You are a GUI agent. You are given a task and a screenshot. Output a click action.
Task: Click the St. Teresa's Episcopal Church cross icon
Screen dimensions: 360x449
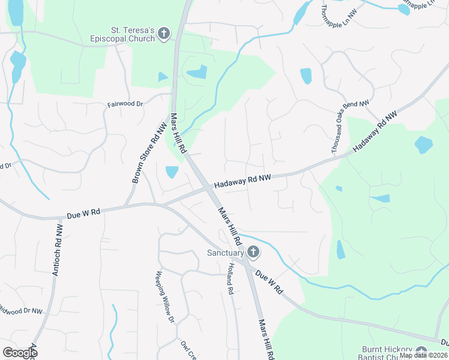coord(164,35)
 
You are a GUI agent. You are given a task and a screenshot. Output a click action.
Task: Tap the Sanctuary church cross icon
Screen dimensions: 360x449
coord(253,253)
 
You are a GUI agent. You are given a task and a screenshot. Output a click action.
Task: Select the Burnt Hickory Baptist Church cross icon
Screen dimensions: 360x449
coord(421,353)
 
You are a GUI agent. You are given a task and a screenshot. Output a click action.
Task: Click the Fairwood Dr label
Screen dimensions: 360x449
coord(125,104)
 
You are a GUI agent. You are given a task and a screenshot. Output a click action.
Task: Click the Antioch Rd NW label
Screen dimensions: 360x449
coord(58,250)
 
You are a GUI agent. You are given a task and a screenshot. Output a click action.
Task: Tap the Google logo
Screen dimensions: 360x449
coord(20,353)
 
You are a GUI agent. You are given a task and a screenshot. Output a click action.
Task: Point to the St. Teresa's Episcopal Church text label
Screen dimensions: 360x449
coord(133,35)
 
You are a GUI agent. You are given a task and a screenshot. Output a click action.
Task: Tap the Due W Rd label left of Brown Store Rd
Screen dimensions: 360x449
coord(83,212)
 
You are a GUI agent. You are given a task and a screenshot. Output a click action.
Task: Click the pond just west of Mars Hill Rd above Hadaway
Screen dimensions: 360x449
coord(172,172)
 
